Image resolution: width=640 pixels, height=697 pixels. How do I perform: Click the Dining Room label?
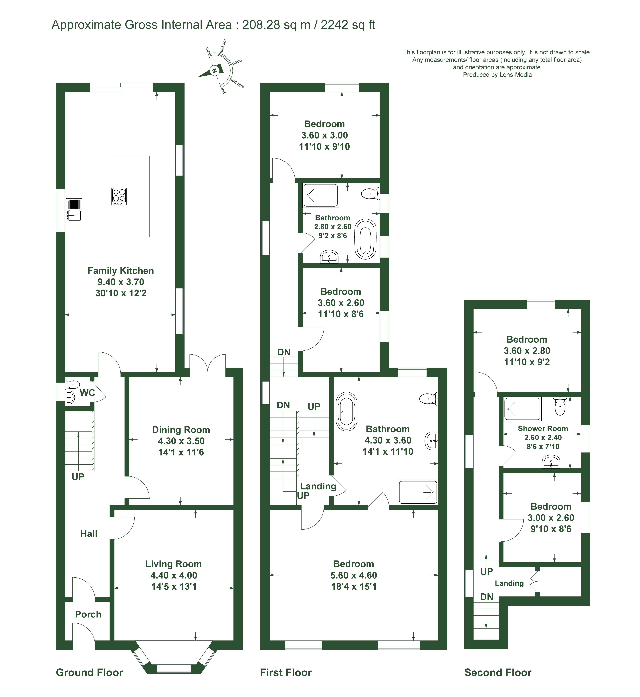[181, 430]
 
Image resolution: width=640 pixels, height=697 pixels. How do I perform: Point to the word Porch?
[88, 614]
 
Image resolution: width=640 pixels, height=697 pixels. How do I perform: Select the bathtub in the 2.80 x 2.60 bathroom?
[365, 239]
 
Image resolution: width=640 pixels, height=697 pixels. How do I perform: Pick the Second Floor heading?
[498, 672]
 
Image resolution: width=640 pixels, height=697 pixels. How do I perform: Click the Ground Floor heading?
[89, 672]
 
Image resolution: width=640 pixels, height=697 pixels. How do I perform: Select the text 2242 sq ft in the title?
[348, 25]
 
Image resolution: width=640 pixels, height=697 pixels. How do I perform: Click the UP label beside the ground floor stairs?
[78, 477]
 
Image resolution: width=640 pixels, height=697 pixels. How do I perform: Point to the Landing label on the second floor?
[509, 583]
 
